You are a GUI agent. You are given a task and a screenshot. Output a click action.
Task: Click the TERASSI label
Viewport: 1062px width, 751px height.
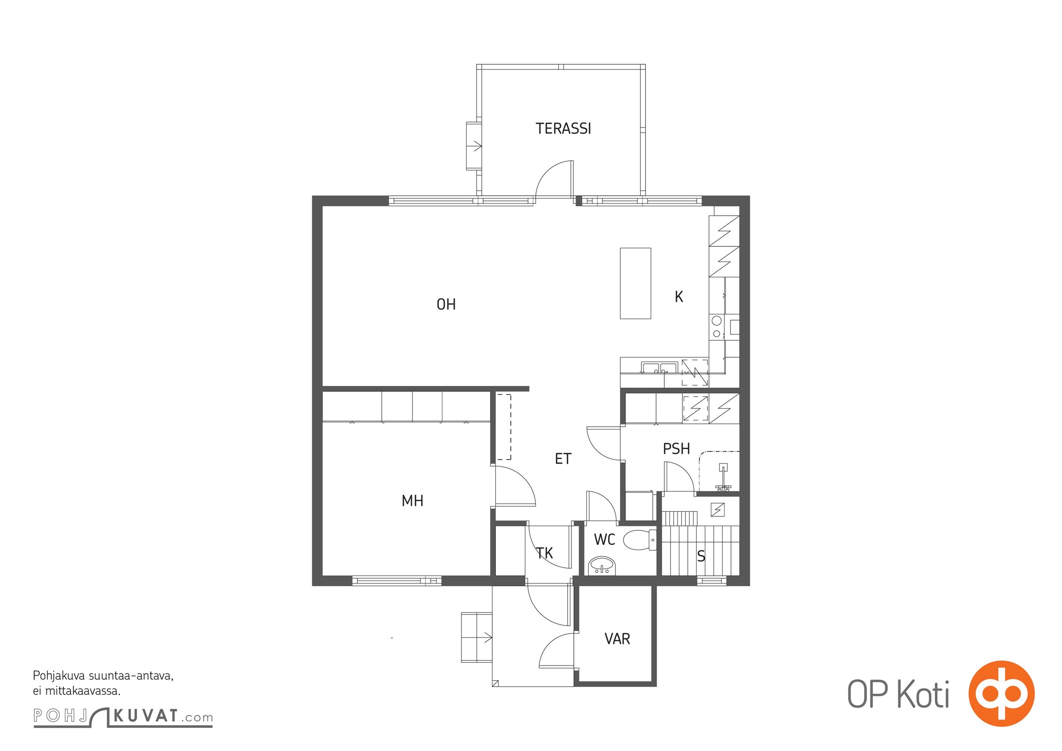[x=563, y=129]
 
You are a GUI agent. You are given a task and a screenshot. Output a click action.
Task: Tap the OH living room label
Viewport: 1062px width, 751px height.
[x=446, y=305]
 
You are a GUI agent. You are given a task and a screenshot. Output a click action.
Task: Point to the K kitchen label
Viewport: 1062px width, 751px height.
[x=678, y=297]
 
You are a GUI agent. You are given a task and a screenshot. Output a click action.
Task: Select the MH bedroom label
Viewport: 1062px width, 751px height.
[x=412, y=501]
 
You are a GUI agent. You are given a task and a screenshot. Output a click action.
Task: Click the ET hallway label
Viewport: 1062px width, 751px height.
[x=563, y=459]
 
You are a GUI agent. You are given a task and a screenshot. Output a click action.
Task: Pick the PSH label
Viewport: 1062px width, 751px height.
[x=676, y=449]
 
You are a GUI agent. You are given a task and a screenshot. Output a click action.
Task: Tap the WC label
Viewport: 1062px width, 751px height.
[x=604, y=540]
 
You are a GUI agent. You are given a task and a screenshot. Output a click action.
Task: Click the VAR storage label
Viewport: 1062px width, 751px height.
[x=617, y=639]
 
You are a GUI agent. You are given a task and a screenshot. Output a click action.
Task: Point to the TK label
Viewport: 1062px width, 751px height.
[x=545, y=553]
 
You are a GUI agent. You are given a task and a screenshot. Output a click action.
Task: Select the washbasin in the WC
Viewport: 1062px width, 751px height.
[x=601, y=566]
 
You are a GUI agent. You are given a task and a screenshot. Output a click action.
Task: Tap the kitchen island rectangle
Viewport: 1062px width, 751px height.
[x=635, y=284]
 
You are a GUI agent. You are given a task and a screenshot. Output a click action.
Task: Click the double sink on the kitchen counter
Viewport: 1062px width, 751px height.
[x=660, y=368]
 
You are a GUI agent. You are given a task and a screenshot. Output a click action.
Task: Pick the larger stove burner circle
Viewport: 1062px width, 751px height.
[x=716, y=321]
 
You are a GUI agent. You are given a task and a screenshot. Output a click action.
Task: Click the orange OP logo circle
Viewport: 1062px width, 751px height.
[x=1001, y=693]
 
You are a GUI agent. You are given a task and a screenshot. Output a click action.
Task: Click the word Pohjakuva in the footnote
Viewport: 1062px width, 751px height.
[x=59, y=676]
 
